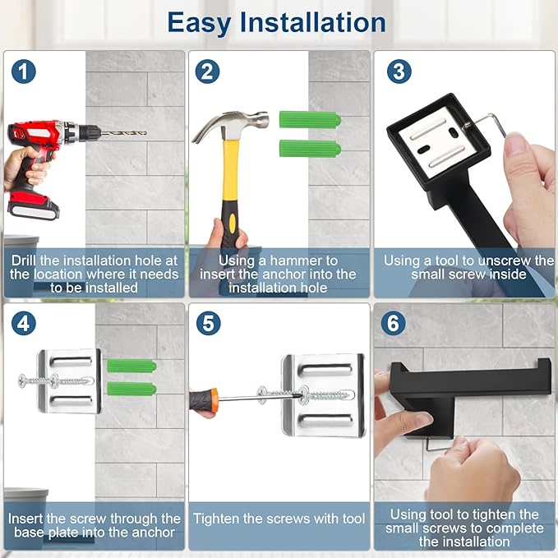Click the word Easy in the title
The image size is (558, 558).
(x=204, y=22)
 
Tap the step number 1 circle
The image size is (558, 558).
(x=23, y=71)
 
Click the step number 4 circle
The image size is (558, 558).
(x=23, y=323)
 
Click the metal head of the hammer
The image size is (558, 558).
(x=235, y=123)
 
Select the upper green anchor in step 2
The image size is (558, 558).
(x=309, y=120)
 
